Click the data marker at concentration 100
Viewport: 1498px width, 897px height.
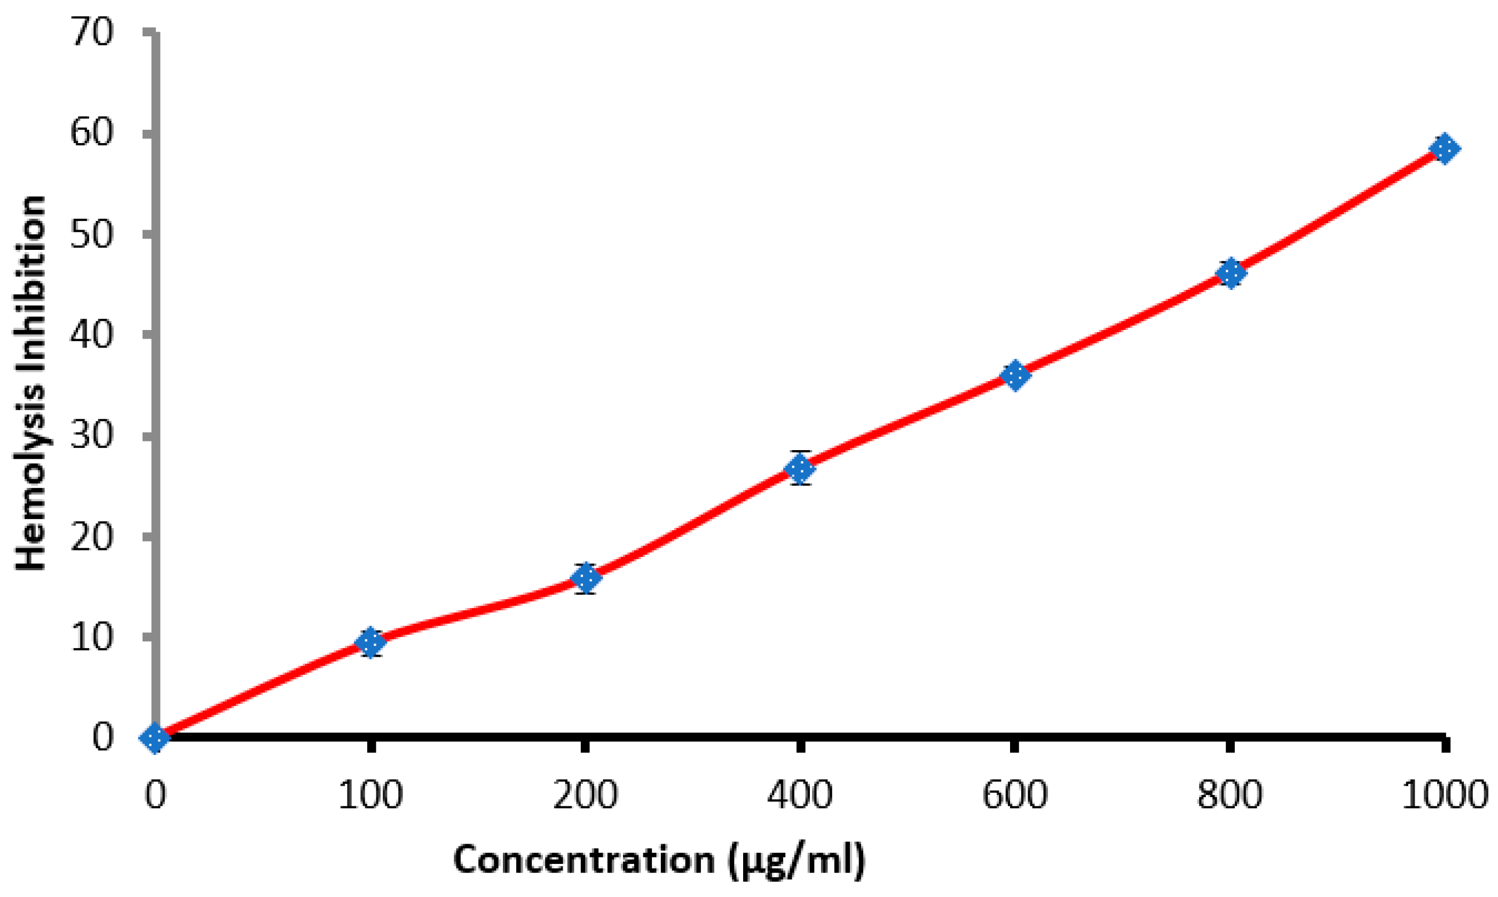(x=370, y=642)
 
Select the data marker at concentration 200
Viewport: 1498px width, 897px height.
(x=586, y=578)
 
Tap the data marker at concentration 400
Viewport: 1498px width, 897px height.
(x=800, y=468)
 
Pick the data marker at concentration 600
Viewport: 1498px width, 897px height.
(x=1014, y=375)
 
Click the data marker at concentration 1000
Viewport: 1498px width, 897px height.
(x=1444, y=148)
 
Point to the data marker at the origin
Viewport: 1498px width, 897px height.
(x=155, y=737)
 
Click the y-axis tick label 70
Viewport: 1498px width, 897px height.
(x=92, y=33)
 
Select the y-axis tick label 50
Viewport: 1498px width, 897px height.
(x=92, y=234)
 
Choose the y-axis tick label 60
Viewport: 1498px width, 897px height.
(x=92, y=133)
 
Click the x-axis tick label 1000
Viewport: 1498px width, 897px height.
(x=1444, y=794)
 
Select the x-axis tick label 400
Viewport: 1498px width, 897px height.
(x=800, y=794)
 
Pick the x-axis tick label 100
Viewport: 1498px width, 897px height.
(x=370, y=794)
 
